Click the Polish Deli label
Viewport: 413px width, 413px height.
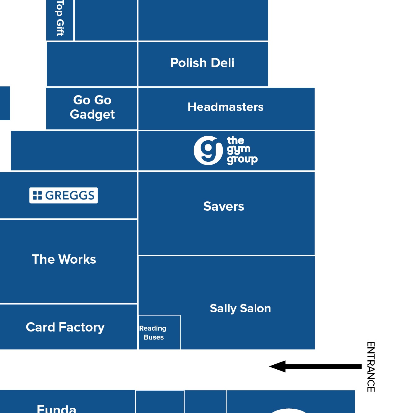pyautogui.click(x=202, y=63)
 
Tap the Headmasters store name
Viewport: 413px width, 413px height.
pyautogui.click(x=226, y=107)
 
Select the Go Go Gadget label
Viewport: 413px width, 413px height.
pyautogui.click(x=92, y=107)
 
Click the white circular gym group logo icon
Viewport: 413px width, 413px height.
pyautogui.click(x=208, y=151)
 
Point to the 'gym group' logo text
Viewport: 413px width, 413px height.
pyautogui.click(x=242, y=150)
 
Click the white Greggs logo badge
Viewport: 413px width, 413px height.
pyautogui.click(x=64, y=196)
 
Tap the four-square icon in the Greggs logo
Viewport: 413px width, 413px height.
pyautogui.click(x=37, y=196)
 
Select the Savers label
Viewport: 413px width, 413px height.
pyautogui.click(x=224, y=206)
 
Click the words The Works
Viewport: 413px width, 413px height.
pyautogui.click(x=64, y=259)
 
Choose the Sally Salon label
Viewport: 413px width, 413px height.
pyautogui.click(x=240, y=308)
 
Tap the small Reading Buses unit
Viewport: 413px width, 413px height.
pyautogui.click(x=159, y=332)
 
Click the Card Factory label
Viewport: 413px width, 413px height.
pyautogui.click(x=65, y=327)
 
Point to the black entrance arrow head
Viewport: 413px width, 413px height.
pyautogui.click(x=278, y=367)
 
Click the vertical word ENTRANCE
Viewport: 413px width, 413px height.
pyautogui.click(x=371, y=367)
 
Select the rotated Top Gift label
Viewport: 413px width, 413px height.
pyautogui.click(x=60, y=18)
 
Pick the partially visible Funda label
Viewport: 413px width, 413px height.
pyautogui.click(x=56, y=409)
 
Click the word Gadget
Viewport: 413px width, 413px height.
pyautogui.click(x=92, y=115)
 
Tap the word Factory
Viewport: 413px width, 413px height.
pyautogui.click(x=81, y=327)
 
